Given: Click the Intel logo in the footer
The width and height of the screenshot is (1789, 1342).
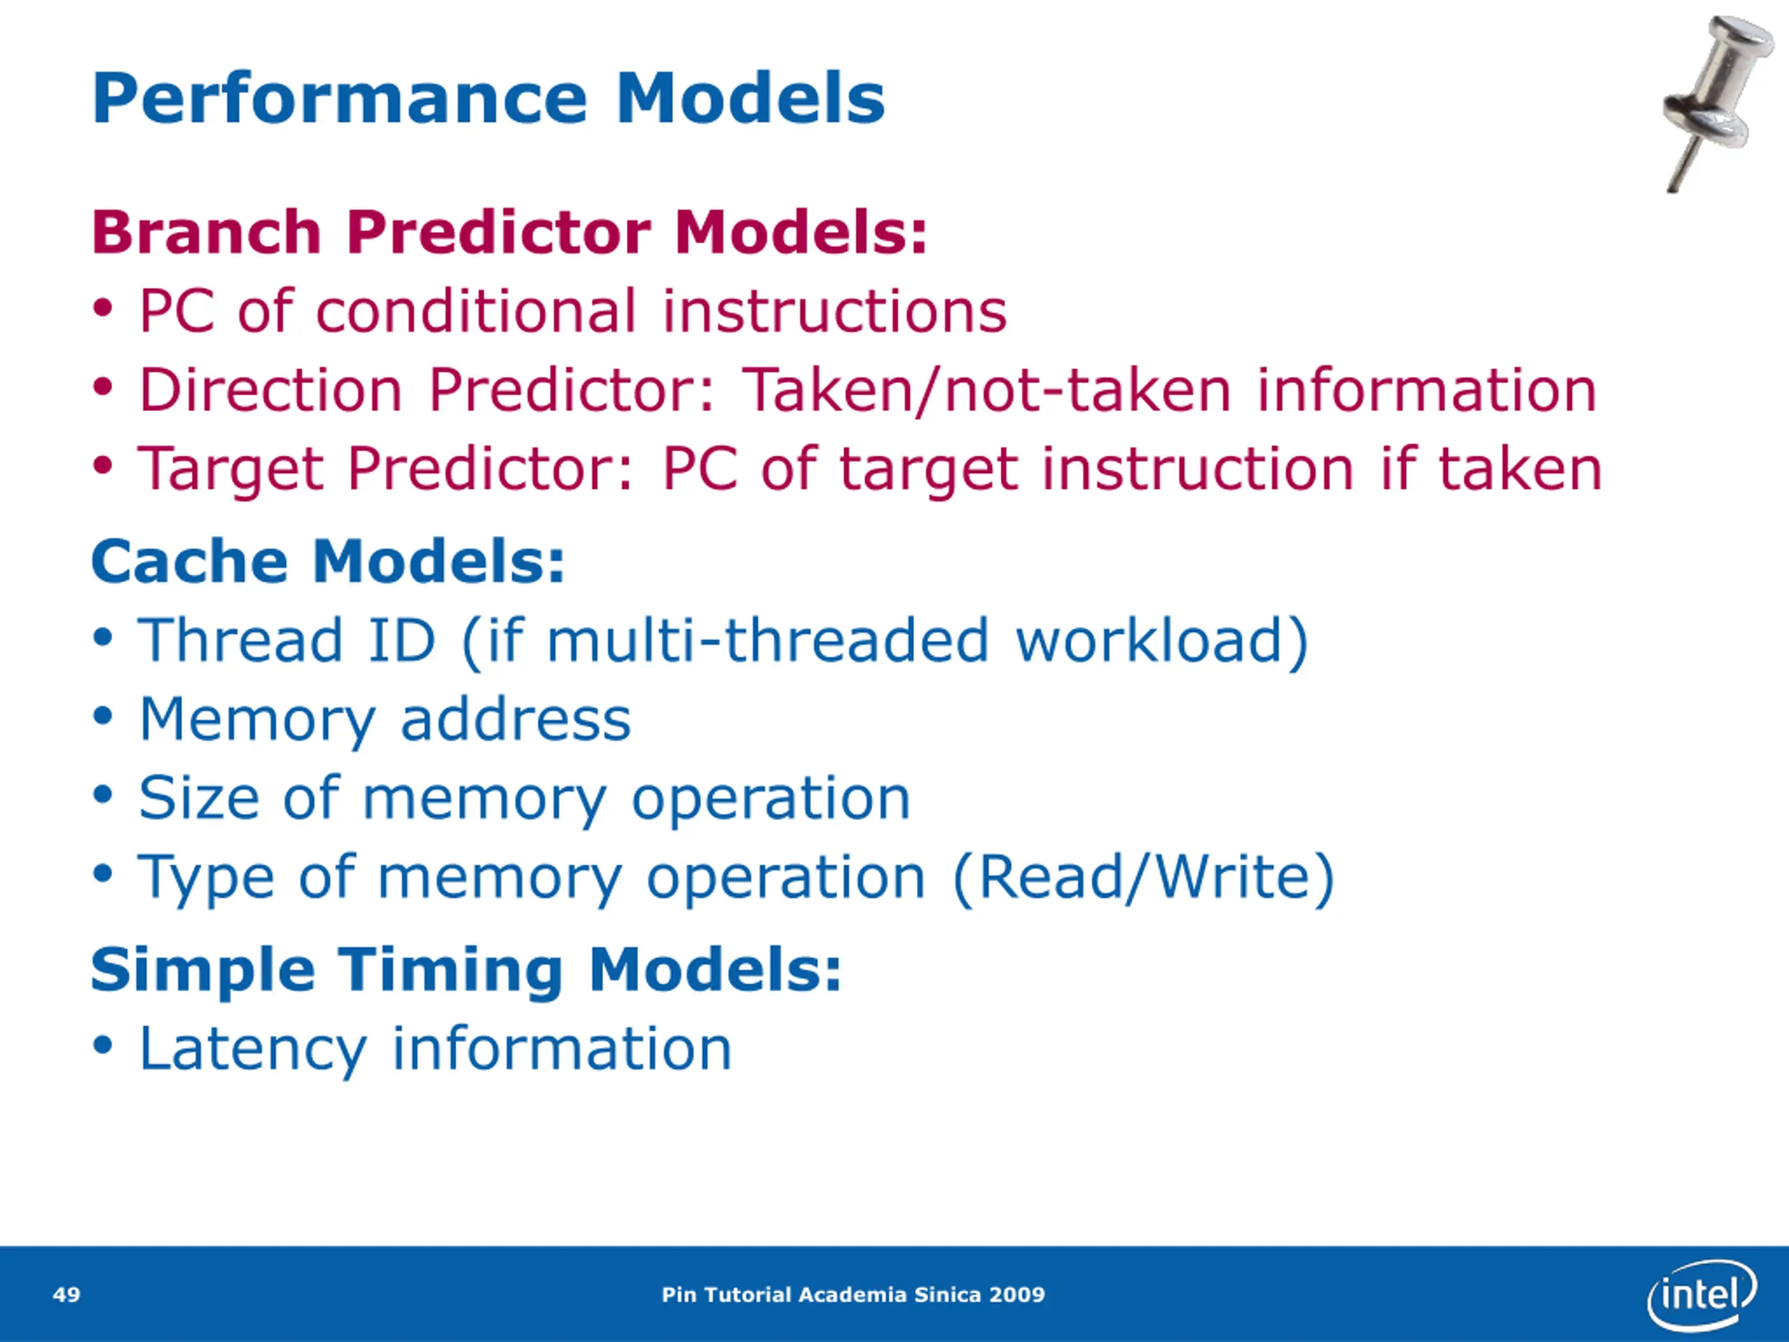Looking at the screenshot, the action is coord(1701,1294).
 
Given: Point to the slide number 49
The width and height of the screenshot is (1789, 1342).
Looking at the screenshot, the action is coord(66,1294).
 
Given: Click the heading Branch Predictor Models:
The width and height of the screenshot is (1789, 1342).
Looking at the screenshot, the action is coord(509,232).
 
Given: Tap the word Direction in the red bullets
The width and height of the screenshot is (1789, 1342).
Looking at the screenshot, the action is coord(270,390).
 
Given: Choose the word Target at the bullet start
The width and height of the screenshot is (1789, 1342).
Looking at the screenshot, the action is coord(231,469).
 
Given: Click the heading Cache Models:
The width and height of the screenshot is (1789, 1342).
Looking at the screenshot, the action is coord(328,561).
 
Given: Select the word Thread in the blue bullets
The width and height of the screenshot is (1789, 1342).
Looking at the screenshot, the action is coord(241,640).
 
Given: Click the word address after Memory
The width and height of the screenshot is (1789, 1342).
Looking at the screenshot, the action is coord(515,719).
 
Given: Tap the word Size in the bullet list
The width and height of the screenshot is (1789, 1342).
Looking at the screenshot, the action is coord(199,798).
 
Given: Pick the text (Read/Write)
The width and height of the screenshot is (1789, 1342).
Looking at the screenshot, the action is coord(1143,879).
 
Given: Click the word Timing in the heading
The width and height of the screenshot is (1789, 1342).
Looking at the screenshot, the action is coord(449,970).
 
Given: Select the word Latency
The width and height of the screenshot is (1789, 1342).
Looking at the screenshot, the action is coord(253,1049).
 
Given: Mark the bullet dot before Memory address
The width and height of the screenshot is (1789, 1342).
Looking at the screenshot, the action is coord(102,719).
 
